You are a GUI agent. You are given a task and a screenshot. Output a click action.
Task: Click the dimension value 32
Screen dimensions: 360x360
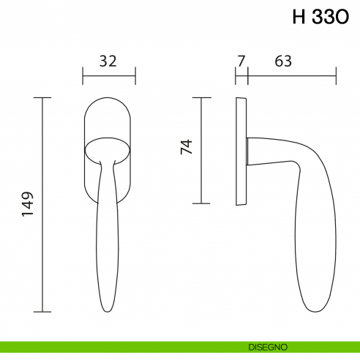coord(108,61)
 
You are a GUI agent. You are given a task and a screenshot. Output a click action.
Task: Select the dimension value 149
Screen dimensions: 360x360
coord(29,204)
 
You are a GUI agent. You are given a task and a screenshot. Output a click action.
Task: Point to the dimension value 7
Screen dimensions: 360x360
coord(241,61)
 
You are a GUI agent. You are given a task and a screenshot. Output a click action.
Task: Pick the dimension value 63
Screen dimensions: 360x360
coord(284,61)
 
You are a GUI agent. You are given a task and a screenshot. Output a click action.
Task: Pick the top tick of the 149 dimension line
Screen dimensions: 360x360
coord(43,97)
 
